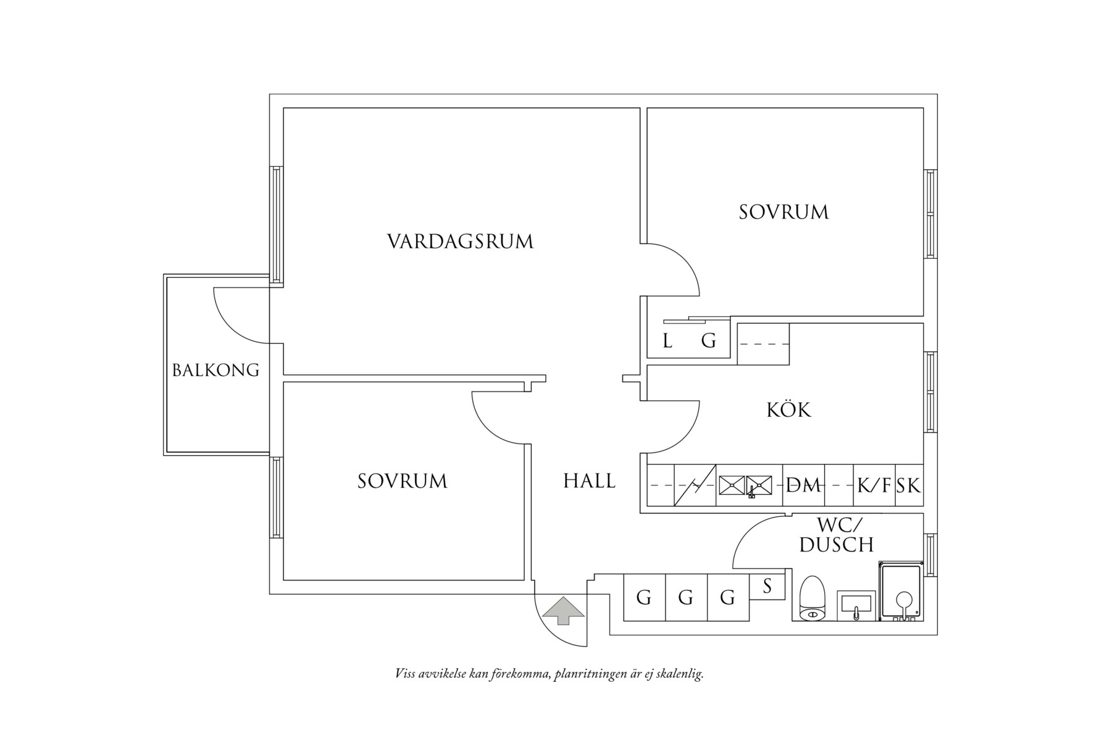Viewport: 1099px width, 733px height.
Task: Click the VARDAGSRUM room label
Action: coord(460,241)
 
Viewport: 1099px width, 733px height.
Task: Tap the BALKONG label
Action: coord(215,371)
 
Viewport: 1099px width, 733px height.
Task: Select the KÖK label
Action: coord(788,410)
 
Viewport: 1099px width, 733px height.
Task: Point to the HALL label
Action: coord(589,481)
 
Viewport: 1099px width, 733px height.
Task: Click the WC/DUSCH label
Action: coord(837,535)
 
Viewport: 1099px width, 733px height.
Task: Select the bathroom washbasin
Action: coord(856,604)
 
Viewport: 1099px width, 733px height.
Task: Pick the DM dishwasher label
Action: coord(803,486)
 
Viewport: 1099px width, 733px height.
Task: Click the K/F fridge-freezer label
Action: coord(874,486)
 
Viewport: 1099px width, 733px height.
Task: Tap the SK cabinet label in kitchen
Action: coord(909,486)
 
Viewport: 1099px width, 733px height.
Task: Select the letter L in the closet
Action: coord(667,341)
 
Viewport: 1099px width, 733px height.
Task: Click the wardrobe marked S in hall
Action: coord(767,586)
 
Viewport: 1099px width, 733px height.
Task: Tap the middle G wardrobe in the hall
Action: coord(686,598)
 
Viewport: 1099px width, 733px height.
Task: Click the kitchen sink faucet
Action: coord(751,492)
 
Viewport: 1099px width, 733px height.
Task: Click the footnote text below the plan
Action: coord(549,674)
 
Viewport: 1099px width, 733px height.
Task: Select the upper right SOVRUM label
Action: coord(784,212)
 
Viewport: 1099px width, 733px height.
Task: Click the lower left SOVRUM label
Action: coord(403,481)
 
